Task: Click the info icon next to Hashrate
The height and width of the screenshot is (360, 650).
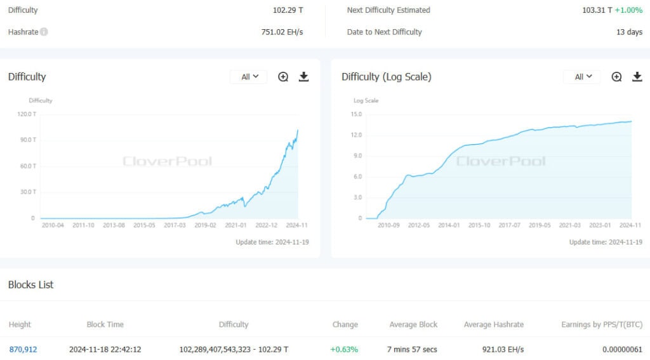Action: coord(44,32)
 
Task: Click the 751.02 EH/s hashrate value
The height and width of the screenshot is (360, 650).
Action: coord(282,32)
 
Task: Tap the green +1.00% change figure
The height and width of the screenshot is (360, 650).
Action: coord(628,10)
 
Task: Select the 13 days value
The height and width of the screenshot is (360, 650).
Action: coord(629,32)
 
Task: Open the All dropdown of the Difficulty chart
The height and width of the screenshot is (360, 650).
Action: coord(249,77)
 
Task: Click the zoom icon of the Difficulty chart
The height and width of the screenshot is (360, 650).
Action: coord(283,77)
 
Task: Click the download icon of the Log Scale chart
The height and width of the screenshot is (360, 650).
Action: coord(637,77)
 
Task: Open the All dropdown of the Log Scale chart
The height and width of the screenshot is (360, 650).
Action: coord(583,77)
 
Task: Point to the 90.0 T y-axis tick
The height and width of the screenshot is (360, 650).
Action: coord(28,140)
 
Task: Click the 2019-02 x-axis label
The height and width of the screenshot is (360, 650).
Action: coord(205,225)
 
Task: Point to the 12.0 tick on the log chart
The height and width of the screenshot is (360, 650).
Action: coord(356,135)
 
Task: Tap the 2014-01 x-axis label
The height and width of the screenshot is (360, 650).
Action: coord(449,225)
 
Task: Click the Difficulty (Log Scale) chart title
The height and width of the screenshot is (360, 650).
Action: coord(387,77)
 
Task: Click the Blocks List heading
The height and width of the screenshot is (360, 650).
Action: coord(30,285)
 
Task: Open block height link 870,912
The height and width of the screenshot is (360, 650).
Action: coord(23,350)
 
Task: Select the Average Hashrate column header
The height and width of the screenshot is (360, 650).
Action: coord(494,324)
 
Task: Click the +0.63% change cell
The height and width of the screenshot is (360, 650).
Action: coord(344,350)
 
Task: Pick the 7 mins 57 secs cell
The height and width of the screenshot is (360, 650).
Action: coord(412,350)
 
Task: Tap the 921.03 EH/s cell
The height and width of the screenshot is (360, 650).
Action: coord(503,350)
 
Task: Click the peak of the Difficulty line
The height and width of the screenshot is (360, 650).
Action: coord(298,130)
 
